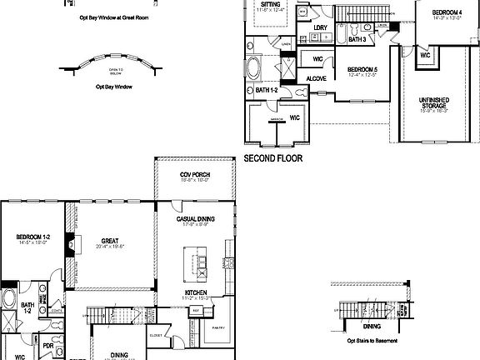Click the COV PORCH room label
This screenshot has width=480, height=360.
[195, 175]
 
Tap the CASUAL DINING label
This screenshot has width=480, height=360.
[197, 218]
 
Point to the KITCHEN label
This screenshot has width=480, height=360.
[197, 292]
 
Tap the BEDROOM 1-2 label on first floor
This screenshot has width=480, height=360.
[34, 238]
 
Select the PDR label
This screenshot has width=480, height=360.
[48, 346]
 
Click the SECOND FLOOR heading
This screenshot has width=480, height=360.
[272, 157]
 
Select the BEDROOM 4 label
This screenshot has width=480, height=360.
[448, 12]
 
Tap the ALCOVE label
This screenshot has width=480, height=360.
[316, 78]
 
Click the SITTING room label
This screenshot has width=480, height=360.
[269, 4]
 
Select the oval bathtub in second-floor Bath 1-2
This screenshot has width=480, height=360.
[255, 67]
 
